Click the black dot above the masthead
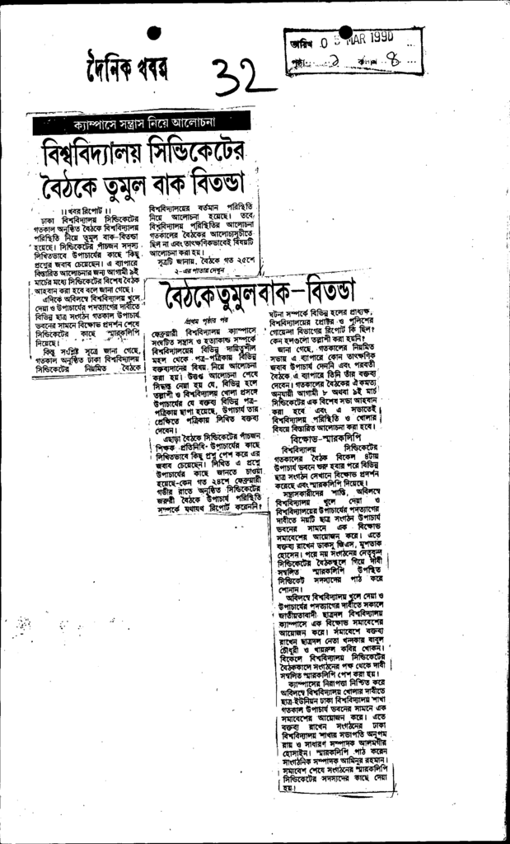pos(153,34)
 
